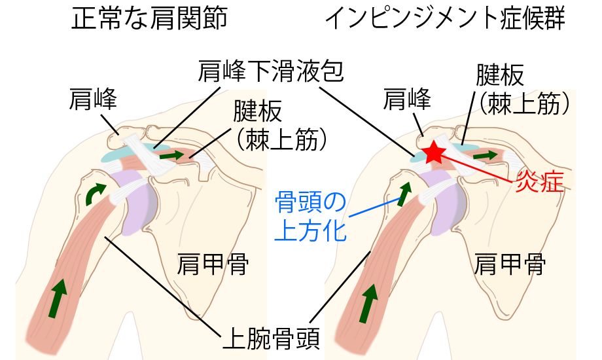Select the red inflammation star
(x=433, y=153)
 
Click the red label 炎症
(x=540, y=181)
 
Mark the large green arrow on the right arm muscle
(x=369, y=302)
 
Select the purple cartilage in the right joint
(x=445, y=204)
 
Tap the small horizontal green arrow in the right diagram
(x=485, y=155)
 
